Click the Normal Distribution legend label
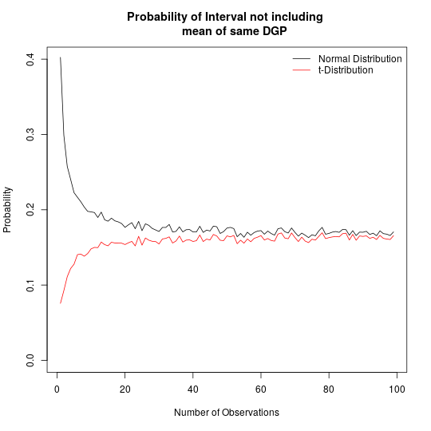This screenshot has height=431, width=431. point(359,59)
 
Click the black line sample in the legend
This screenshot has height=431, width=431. point(301,59)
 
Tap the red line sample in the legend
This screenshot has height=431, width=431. point(301,70)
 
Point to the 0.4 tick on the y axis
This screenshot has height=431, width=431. point(30,58)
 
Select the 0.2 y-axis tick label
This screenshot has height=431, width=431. point(30,210)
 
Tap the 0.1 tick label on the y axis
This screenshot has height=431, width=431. point(30,285)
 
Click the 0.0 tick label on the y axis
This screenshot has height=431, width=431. point(30,361)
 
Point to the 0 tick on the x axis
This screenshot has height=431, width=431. point(57,389)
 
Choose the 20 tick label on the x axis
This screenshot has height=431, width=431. point(125,389)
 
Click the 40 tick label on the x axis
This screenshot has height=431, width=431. point(192,389)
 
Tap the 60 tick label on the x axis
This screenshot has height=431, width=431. point(261,389)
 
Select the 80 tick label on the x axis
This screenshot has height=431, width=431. point(329,389)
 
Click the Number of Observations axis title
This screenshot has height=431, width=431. point(227,413)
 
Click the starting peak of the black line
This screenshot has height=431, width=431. point(60,57)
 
